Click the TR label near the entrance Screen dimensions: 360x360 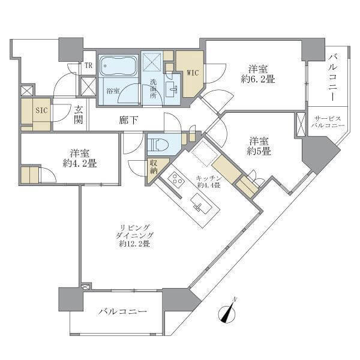88,65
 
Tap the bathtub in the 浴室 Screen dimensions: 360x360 118,66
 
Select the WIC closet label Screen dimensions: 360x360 193,73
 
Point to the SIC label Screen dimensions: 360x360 41,110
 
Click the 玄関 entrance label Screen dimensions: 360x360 78,115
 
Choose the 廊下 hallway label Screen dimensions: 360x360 128,120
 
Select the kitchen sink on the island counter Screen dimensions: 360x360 201,203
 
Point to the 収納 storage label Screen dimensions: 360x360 154,167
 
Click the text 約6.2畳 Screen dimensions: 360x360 258,79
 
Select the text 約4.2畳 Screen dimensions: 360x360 80,163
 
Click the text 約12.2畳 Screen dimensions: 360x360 134,244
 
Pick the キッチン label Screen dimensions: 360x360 209,178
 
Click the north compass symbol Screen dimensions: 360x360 227,313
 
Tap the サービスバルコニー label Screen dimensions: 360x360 328,122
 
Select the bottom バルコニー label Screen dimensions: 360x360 123,311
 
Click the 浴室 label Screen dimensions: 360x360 113,91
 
